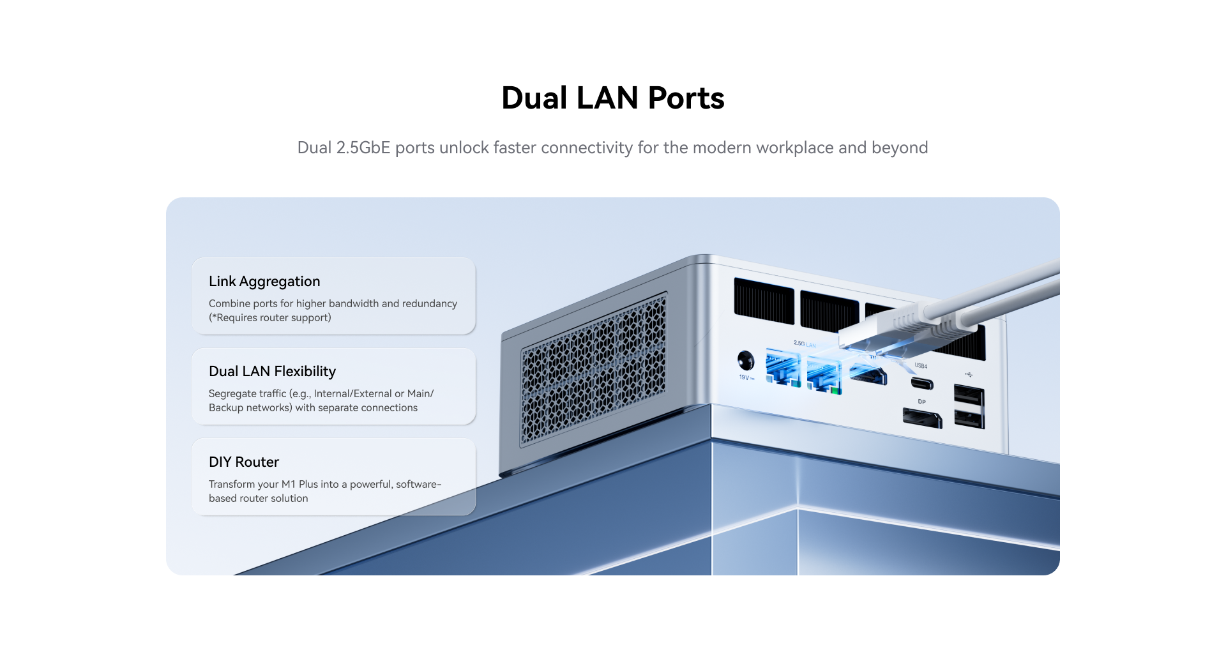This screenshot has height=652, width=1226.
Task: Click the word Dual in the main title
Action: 534,98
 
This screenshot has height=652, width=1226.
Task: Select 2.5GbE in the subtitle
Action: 363,148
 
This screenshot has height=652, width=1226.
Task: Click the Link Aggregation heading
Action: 264,282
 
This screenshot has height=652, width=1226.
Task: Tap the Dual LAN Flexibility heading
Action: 272,372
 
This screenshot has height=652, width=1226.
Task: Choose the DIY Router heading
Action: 244,462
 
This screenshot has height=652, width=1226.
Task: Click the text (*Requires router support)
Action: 270,318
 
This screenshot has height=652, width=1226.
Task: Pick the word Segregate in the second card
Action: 231,394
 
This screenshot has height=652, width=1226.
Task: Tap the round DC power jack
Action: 745,361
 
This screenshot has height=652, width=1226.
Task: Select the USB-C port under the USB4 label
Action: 921,383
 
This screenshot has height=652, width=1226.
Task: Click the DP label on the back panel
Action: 921,402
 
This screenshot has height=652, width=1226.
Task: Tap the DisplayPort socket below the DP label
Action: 922,418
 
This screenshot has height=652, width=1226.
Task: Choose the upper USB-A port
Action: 968,395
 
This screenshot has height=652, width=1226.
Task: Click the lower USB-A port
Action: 968,419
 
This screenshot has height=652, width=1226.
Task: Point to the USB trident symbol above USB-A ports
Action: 969,375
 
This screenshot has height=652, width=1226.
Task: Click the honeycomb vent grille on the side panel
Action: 593,370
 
